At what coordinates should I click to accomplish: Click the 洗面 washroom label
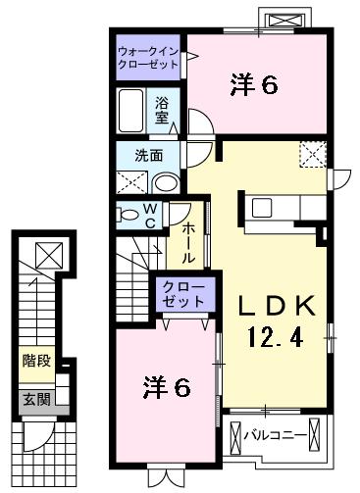pos(148,155)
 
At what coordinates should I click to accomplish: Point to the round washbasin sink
pos(167,182)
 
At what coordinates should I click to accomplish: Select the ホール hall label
pos(187,242)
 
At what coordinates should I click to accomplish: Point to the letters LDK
pos(274,306)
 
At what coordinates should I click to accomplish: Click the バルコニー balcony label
pos(274,432)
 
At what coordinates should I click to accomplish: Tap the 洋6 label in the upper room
pos(254,85)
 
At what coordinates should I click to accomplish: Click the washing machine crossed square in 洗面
pos(129,182)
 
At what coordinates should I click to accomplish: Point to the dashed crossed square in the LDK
pos(313,155)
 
